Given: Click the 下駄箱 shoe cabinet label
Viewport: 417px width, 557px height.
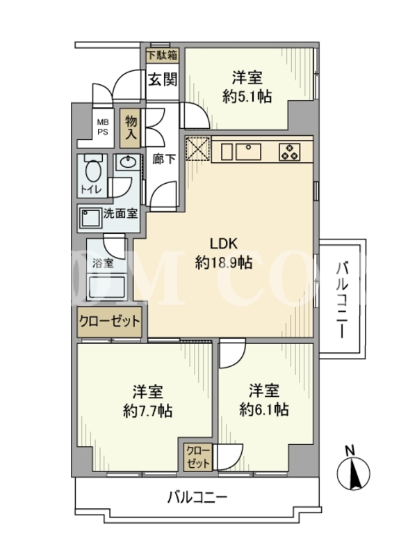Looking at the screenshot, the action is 163,56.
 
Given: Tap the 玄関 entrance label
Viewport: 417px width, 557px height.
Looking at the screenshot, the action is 163,79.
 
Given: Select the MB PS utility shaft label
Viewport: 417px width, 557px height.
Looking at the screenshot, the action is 103,127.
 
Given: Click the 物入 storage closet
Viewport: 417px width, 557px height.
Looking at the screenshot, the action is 131,128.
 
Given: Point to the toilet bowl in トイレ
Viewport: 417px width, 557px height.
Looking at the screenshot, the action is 94,172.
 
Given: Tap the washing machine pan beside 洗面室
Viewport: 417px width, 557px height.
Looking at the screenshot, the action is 90,217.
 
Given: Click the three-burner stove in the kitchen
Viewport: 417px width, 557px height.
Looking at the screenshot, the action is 289,152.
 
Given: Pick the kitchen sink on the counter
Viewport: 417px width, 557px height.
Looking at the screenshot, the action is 248,151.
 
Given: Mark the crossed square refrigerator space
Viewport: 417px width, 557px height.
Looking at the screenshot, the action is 198,148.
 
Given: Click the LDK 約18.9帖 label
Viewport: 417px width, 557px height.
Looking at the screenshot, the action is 224,253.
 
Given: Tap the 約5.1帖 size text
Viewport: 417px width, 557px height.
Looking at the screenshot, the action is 247,96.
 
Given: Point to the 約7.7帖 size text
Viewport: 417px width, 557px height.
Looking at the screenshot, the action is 148,411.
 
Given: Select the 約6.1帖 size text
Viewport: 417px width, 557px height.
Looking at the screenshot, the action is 264,409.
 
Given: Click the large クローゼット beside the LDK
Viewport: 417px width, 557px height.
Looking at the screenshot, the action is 110,322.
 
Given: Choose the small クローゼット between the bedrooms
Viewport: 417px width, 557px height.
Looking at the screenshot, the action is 198,457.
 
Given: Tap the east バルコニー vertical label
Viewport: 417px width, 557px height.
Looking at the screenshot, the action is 342,299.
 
